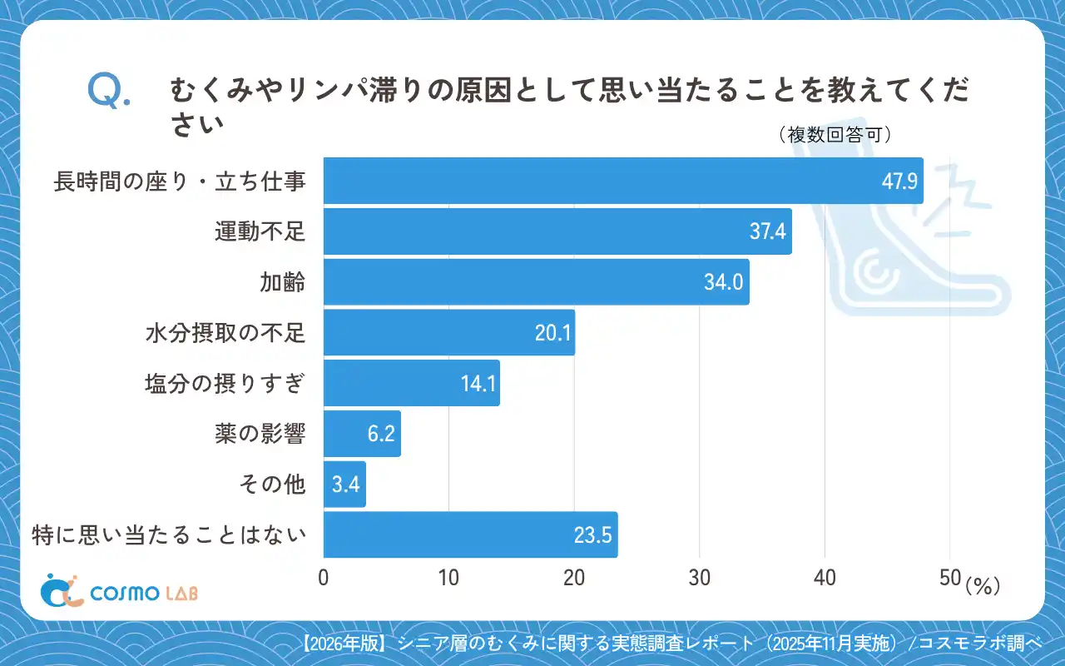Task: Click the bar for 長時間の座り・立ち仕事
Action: tap(622, 181)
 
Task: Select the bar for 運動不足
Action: tap(557, 231)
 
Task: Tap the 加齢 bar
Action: tap(536, 282)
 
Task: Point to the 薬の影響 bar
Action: tap(362, 434)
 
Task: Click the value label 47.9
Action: tap(899, 181)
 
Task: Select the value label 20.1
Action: tap(552, 333)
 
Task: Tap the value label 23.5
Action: tap(593, 535)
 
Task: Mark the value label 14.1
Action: tap(478, 384)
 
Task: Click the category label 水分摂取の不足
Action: tap(225, 333)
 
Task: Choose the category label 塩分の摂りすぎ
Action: tap(225, 384)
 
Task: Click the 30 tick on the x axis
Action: tap(700, 578)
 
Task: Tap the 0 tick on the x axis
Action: tap(324, 578)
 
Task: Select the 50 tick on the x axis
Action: tap(950, 578)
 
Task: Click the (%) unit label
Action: tap(982, 586)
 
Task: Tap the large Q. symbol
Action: tap(109, 92)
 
